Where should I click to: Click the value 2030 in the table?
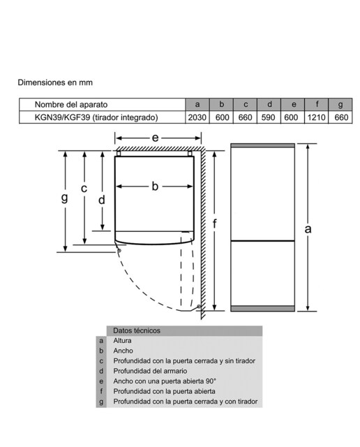pyautogui.click(x=197, y=117)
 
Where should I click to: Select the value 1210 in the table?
pyautogui.click(x=317, y=117)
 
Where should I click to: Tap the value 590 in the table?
pyautogui.click(x=268, y=117)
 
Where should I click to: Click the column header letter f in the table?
pyautogui.click(x=317, y=104)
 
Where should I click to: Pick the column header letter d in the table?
pyautogui.click(x=269, y=104)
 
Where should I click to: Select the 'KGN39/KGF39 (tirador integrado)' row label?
pyautogui.click(x=96, y=117)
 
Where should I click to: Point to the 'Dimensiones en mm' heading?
pyautogui.click(x=55, y=82)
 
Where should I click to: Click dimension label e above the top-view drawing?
pyautogui.click(x=155, y=138)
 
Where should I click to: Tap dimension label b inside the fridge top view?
pyautogui.click(x=155, y=186)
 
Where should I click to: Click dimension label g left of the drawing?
pyautogui.click(x=65, y=197)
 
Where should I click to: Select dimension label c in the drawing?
pyautogui.click(x=84, y=189)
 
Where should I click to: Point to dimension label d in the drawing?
pyautogui.click(x=102, y=200)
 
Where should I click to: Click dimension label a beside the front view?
pyautogui.click(x=308, y=229)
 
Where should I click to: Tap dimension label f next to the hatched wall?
pyautogui.click(x=215, y=223)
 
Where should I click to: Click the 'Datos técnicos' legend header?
pyautogui.click(x=137, y=330)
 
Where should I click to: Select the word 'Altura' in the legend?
pyautogui.click(x=123, y=341)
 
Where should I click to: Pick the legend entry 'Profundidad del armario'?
pyautogui.click(x=151, y=371)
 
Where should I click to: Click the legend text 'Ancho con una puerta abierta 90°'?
pyautogui.click(x=165, y=381)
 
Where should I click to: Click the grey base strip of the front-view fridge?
pyautogui.click(x=262, y=309)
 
